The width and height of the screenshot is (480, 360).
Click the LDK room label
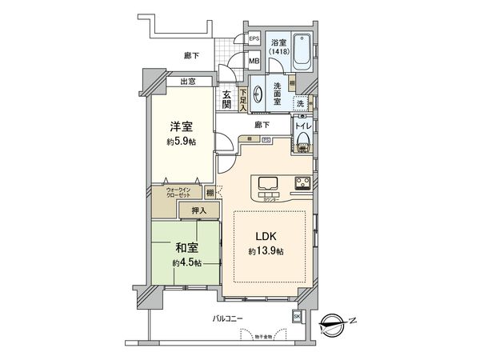pyautogui.click(x=267, y=238)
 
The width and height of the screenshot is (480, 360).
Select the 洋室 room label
pyautogui.click(x=179, y=126)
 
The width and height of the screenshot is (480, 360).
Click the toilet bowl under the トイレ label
pyautogui.click(x=302, y=142)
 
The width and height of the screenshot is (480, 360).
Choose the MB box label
pyautogui.click(x=254, y=61)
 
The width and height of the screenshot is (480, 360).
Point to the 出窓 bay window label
pyautogui.click(x=189, y=82)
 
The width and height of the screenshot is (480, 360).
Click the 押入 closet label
pyautogui.click(x=198, y=210)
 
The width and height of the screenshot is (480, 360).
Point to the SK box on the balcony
pyautogui.click(x=297, y=318)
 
